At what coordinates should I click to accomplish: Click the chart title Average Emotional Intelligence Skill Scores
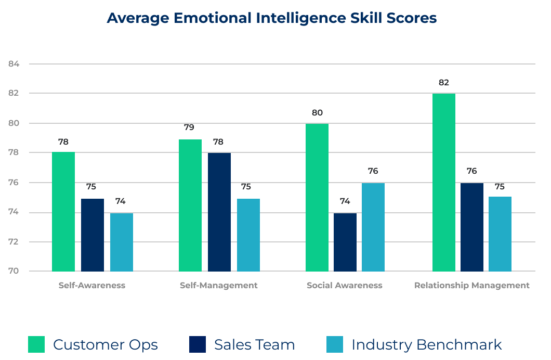pyautogui.click(x=271, y=18)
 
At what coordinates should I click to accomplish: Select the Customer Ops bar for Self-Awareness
pyautogui.click(x=63, y=212)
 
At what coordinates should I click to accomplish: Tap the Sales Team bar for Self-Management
pyautogui.click(x=219, y=212)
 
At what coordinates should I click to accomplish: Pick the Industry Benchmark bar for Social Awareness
pyautogui.click(x=373, y=227)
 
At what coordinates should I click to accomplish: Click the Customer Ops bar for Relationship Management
pyautogui.click(x=444, y=182)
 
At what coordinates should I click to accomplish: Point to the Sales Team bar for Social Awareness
pyautogui.click(x=345, y=242)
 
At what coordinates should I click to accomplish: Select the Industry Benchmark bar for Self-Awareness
pyautogui.click(x=122, y=242)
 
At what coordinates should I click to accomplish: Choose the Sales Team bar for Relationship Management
pyautogui.click(x=472, y=227)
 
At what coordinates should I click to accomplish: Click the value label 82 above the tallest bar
pyautogui.click(x=443, y=82)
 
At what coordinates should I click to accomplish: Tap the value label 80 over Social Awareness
pyautogui.click(x=317, y=112)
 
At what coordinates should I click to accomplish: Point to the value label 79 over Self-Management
pyautogui.click(x=190, y=127)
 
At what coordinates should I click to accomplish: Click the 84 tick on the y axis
pyautogui.click(x=14, y=64)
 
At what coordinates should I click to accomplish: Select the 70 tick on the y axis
pyautogui.click(x=14, y=271)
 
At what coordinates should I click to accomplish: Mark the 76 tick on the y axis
pyautogui.click(x=14, y=183)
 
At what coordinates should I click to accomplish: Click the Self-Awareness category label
pyautogui.click(x=92, y=285)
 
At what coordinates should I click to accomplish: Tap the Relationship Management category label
pyautogui.click(x=472, y=285)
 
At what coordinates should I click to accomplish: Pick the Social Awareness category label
pyautogui.click(x=345, y=285)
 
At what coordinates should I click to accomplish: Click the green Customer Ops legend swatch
pyautogui.click(x=36, y=344)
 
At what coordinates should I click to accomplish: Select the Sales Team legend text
pyautogui.click(x=255, y=344)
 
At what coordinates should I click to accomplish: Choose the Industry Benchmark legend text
pyautogui.click(x=427, y=344)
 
